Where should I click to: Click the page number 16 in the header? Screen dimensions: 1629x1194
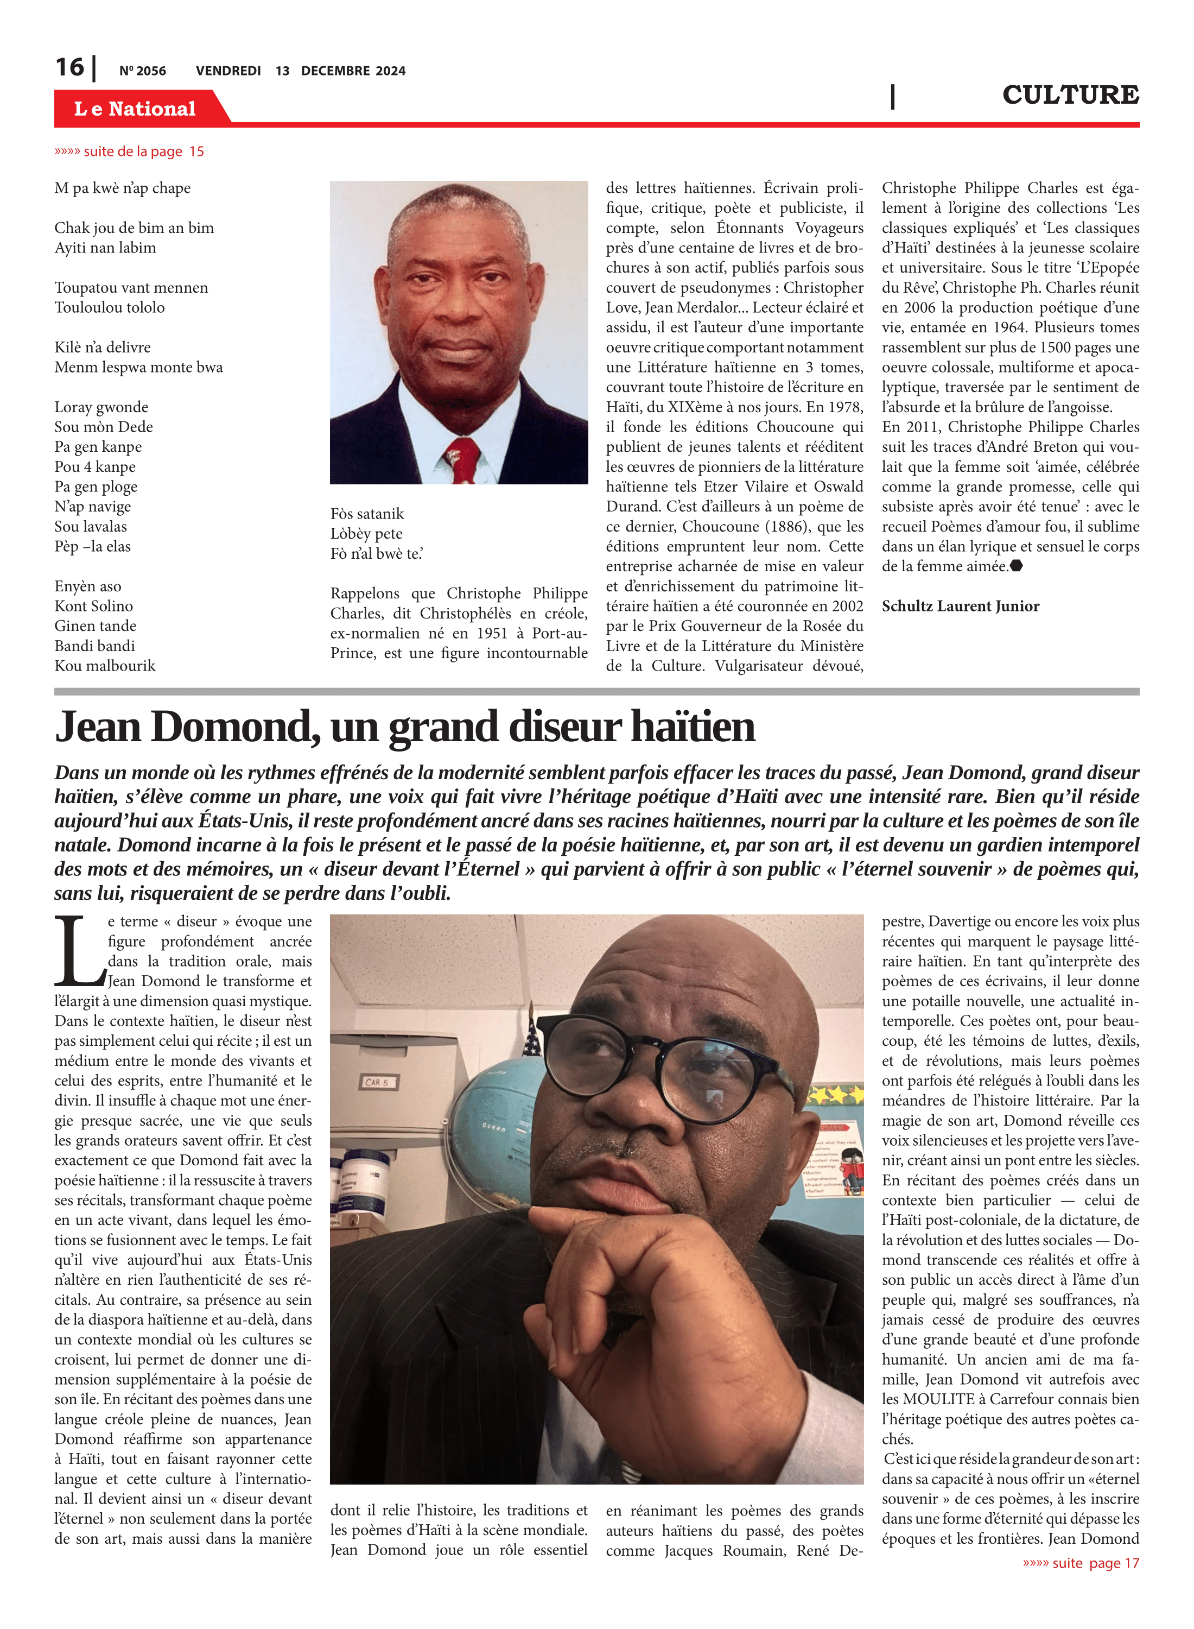point(70,68)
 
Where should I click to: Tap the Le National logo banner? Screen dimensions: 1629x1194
point(135,109)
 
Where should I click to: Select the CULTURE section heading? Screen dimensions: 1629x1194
point(1070,94)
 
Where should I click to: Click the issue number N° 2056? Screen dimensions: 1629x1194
point(142,71)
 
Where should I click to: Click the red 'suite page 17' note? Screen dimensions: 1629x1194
point(1081,1563)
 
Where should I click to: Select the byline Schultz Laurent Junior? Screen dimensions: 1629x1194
point(960,606)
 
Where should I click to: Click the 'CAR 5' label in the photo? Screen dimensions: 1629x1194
point(377,1082)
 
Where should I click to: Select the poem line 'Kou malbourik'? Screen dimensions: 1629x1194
point(105,665)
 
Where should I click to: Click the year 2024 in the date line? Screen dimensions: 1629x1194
point(391,71)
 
